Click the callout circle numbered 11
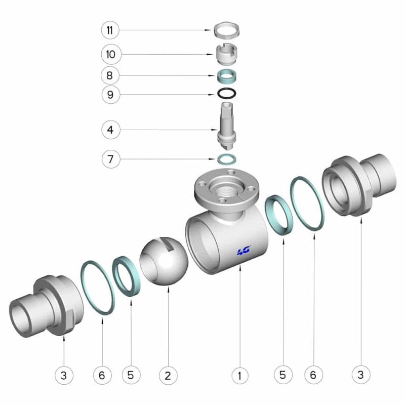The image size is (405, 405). coord(110,30)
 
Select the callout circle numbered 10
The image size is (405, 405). coord(111,55)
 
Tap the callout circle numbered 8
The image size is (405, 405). coord(110,75)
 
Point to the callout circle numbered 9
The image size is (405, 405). coord(110,95)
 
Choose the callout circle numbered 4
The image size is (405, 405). coord(111,130)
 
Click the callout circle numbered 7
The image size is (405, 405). coord(111,159)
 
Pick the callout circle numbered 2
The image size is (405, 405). coord(168,376)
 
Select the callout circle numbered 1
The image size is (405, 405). coord(240,376)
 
